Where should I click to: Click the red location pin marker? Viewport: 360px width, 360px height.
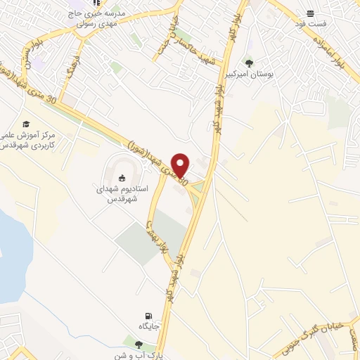[181, 164]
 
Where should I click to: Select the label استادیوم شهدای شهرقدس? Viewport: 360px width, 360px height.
[121, 193]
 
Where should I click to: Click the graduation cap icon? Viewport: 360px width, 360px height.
[26, 124]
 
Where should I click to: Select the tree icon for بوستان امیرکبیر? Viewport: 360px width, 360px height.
[248, 64]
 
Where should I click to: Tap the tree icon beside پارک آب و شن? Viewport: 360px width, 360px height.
[139, 345]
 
